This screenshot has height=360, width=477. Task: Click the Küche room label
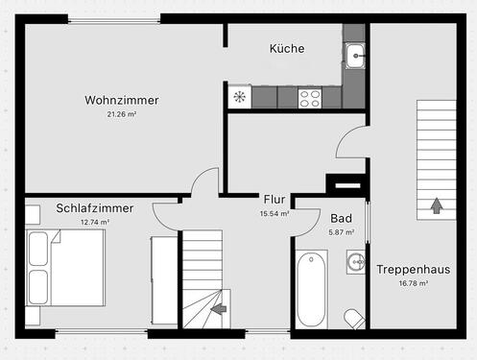tap(287, 48)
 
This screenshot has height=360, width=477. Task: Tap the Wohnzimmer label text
tap(122, 101)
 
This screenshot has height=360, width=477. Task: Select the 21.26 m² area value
tap(122, 114)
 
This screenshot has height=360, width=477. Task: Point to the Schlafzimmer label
tap(95, 207)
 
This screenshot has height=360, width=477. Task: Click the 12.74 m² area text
tap(95, 221)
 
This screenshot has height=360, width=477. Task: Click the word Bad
tap(341, 218)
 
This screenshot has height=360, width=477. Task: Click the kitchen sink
tap(355, 55)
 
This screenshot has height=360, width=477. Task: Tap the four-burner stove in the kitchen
tap(309, 96)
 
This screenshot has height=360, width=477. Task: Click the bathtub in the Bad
tap(311, 289)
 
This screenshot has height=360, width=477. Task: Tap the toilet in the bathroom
tap(351, 318)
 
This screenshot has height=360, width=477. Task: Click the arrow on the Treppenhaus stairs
tap(437, 204)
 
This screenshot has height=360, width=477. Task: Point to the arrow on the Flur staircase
tap(217, 309)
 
